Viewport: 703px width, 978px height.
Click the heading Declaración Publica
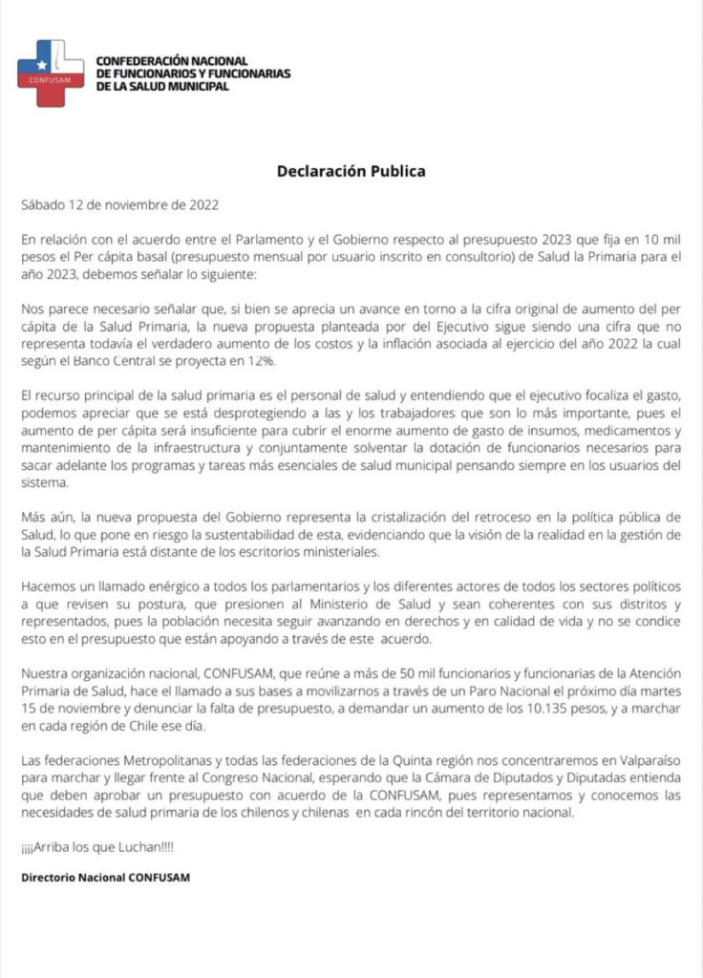[351, 172]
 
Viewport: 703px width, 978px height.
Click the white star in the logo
[41, 64]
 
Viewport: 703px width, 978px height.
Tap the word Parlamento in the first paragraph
[266, 237]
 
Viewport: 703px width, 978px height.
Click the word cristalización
[421, 516]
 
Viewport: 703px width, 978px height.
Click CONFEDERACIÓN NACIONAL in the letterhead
[173, 61]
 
